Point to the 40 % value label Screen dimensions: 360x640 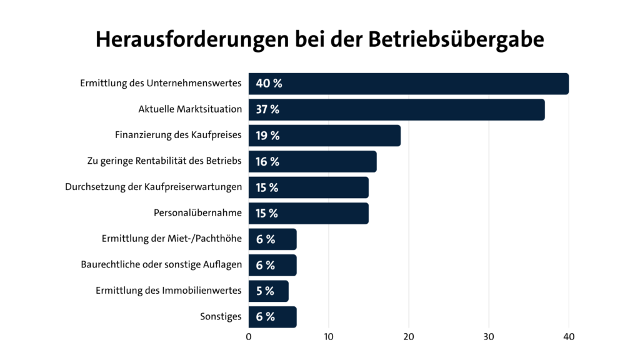269,84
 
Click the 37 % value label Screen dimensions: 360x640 267,110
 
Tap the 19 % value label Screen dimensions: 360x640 267,136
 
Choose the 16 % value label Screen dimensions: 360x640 267,162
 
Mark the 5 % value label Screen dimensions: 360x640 265,291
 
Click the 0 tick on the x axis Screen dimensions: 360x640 249,337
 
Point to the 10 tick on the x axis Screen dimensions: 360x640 329,337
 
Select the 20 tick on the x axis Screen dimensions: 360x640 409,337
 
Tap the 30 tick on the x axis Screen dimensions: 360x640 489,337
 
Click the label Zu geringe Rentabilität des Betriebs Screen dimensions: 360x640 164,161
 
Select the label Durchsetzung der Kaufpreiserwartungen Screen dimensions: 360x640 153,187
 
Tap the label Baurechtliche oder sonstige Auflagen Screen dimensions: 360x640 161,265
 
